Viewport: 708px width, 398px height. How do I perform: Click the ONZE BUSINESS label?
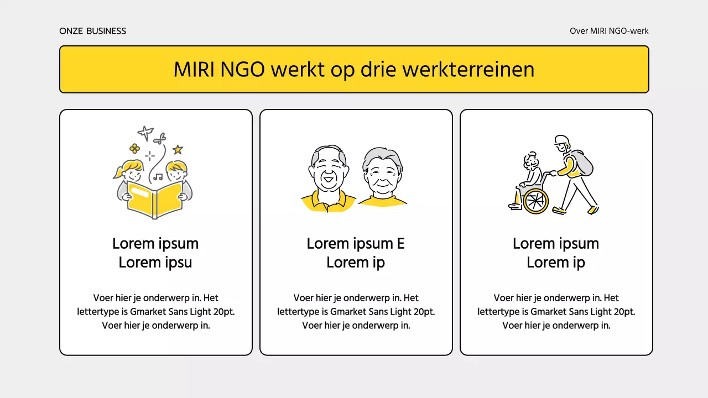pos(92,31)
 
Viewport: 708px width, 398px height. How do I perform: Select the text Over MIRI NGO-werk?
pos(609,31)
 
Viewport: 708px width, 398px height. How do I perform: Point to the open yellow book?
pos(155,200)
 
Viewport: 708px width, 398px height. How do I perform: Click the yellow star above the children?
pos(178,149)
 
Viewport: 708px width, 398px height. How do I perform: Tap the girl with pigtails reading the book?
pos(131,174)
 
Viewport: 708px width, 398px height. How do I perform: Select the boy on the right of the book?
pos(178,174)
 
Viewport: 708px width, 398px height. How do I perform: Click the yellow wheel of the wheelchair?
pos(535,201)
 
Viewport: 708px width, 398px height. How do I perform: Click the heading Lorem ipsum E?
pos(356,244)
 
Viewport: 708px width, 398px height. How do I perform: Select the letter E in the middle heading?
pos(400,244)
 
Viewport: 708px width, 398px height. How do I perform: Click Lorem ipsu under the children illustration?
pos(155,263)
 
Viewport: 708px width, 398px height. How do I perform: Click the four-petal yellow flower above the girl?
pos(134,148)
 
